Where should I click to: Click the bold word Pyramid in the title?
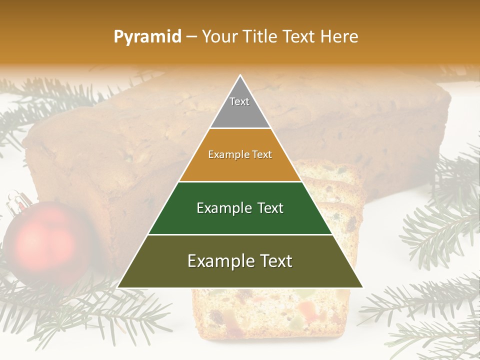[x=147, y=37]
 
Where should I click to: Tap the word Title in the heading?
[x=261, y=37]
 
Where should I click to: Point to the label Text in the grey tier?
[x=239, y=101]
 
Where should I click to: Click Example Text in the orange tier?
[x=240, y=154]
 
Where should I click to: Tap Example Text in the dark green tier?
[x=240, y=208]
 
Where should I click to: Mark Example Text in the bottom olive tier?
[x=240, y=261]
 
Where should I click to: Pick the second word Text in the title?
[x=300, y=37]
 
